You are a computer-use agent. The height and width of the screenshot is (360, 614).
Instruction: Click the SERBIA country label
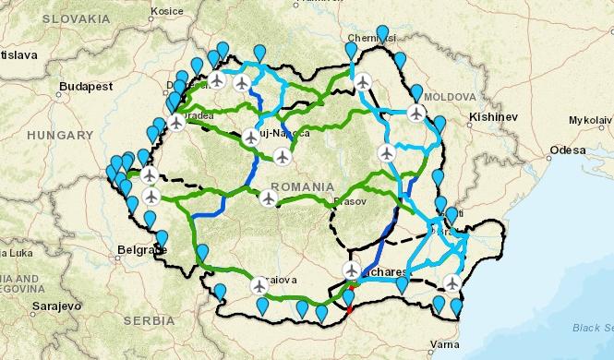[x=148, y=320]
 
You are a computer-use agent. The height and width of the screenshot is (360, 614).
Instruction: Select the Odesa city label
[x=567, y=149]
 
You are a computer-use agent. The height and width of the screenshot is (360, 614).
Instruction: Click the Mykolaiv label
[x=590, y=120]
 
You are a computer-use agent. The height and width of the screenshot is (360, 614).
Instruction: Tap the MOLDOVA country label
[x=450, y=97]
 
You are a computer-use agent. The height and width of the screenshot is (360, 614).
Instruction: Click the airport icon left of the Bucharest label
[x=351, y=270]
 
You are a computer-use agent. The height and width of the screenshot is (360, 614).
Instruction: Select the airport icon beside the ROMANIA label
[x=268, y=198]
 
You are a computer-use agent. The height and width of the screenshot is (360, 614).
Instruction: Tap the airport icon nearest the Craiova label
[x=259, y=285]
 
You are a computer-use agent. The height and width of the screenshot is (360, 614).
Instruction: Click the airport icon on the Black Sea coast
[x=452, y=282]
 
